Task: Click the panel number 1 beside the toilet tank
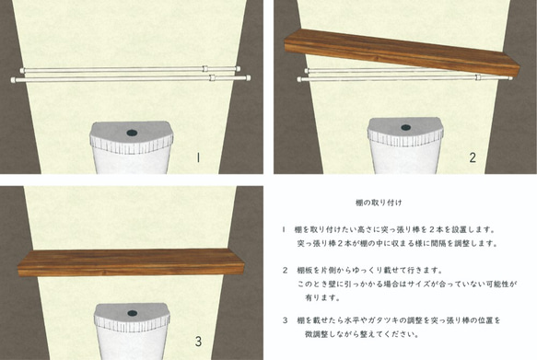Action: [198, 157]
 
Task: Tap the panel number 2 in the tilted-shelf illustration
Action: [472, 157]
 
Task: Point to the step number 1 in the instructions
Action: [284, 228]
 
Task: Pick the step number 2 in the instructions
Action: [284, 271]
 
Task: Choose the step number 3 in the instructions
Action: [284, 319]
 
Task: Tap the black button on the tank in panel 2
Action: [405, 127]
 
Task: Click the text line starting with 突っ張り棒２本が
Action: [397, 243]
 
